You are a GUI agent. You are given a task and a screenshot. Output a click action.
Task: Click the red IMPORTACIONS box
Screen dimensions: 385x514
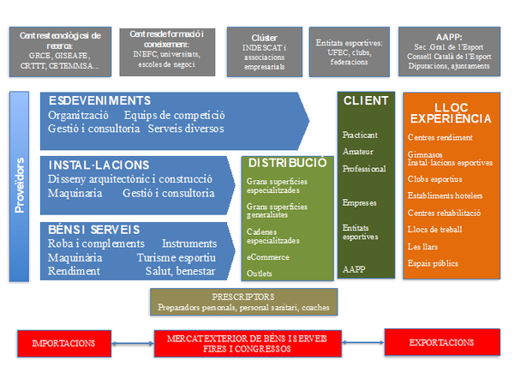tap(63, 342)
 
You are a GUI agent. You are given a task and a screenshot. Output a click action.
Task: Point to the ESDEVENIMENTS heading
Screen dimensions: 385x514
tap(99, 100)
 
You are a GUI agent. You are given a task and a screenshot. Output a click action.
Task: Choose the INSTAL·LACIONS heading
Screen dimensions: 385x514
tap(100, 165)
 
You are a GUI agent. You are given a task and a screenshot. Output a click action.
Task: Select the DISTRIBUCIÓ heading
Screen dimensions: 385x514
tap(288, 162)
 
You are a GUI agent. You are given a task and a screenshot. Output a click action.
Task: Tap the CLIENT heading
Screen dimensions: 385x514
tap(366, 100)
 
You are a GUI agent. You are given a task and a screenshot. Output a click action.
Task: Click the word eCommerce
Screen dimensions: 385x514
tap(268, 256)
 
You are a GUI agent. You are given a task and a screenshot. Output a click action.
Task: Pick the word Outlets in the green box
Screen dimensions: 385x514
tap(260, 273)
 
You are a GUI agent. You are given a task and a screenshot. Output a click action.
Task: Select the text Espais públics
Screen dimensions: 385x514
tap(433, 262)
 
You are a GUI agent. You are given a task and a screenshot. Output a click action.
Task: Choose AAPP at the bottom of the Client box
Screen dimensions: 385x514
tap(353, 268)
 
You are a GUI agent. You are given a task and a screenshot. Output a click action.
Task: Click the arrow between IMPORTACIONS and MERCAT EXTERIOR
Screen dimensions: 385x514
tap(133, 342)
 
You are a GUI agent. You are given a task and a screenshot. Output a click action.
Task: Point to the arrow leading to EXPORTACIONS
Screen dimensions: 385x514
tap(362, 342)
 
